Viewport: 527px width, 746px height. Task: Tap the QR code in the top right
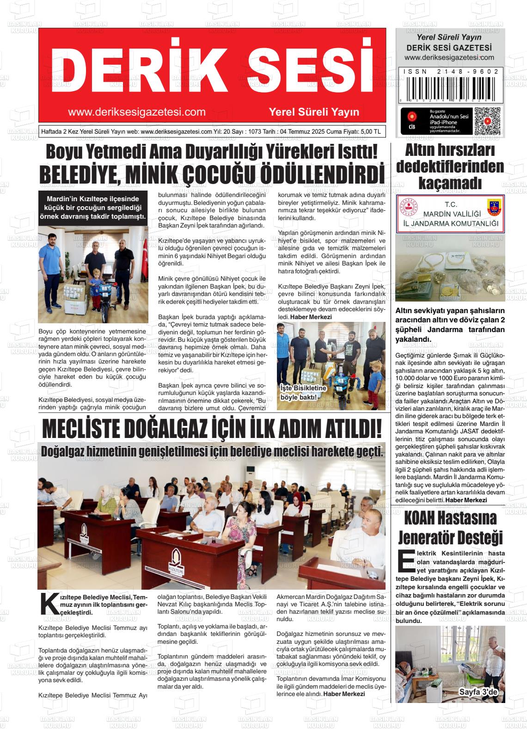487,121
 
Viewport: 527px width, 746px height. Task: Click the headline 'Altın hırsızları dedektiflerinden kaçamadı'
450,166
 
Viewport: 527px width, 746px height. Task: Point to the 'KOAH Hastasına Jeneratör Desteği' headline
450,528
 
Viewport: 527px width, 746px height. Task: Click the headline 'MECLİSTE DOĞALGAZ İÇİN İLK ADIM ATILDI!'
212,429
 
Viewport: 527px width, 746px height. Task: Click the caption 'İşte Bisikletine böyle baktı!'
304,393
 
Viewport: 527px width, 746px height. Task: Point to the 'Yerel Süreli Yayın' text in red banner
314,112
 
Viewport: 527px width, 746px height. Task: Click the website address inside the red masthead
136,112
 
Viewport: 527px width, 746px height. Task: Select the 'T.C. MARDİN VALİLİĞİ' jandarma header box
450,214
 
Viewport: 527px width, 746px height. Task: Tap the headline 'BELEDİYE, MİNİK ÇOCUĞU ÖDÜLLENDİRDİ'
212,174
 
